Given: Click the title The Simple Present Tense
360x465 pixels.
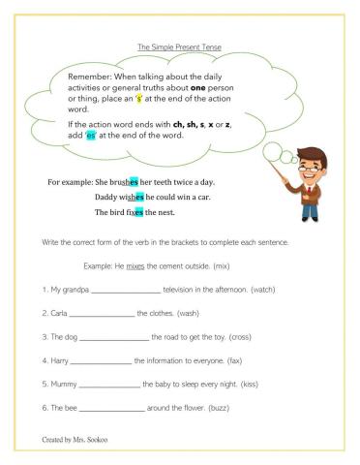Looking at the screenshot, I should point(179,46).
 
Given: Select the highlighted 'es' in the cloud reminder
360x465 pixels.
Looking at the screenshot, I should point(92,137).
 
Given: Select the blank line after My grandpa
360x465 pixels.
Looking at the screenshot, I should point(125,290).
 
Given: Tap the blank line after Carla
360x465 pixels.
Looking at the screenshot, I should point(102,314).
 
